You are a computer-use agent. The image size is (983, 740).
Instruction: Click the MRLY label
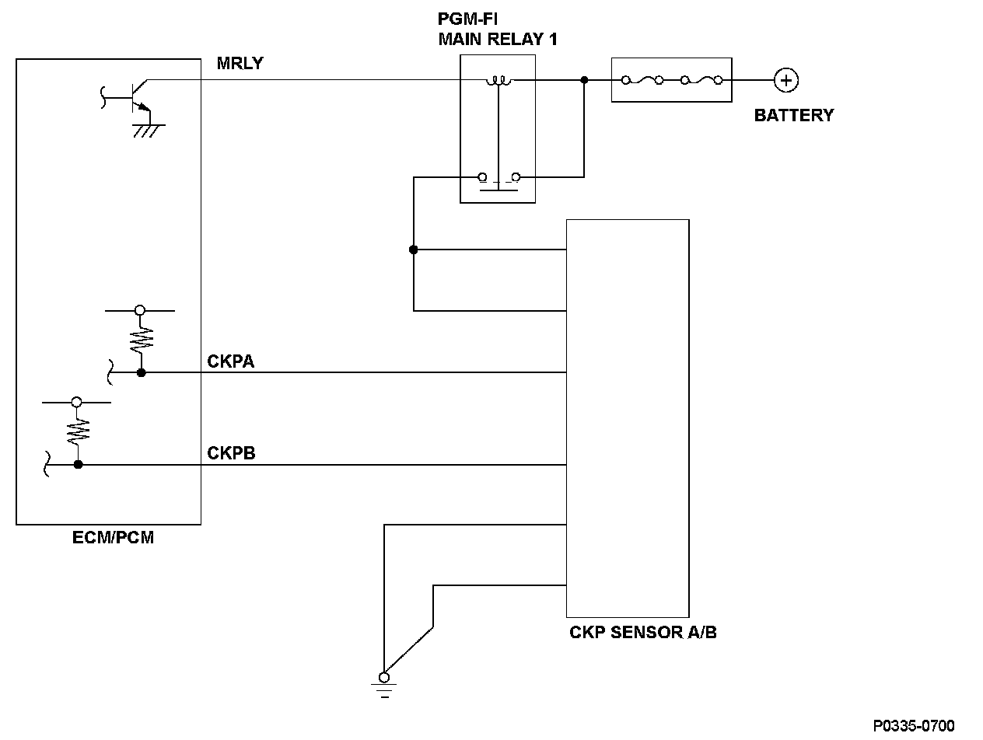click(x=240, y=64)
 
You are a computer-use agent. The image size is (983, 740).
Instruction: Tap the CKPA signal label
click(x=231, y=361)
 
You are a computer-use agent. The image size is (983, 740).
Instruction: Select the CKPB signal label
click(x=231, y=453)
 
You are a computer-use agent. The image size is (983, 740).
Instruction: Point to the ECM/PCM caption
click(x=113, y=537)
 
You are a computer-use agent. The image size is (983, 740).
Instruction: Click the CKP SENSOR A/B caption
click(x=643, y=632)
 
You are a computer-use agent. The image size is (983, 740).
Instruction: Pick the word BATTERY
click(x=793, y=115)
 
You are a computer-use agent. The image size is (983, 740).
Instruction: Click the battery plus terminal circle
click(x=786, y=79)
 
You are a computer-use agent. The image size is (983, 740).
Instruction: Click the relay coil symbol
click(x=497, y=80)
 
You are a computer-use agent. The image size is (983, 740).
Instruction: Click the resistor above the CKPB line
click(x=78, y=431)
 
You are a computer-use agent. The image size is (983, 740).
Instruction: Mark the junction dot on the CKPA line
click(x=141, y=372)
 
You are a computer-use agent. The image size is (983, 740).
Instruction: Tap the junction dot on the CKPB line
click(x=78, y=465)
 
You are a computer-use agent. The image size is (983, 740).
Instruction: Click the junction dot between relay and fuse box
click(x=584, y=79)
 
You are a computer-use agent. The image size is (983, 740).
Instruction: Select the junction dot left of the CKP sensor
click(x=414, y=250)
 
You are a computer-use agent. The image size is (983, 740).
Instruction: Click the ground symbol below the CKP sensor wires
click(x=384, y=683)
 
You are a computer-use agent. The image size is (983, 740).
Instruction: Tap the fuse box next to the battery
click(x=672, y=79)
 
